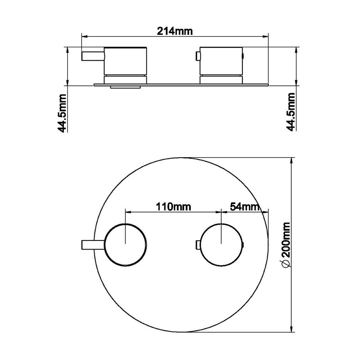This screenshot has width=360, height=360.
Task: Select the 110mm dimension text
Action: [173, 207]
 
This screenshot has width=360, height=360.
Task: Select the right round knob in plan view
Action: [222, 244]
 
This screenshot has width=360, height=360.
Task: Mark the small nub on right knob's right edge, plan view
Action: [243, 244]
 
